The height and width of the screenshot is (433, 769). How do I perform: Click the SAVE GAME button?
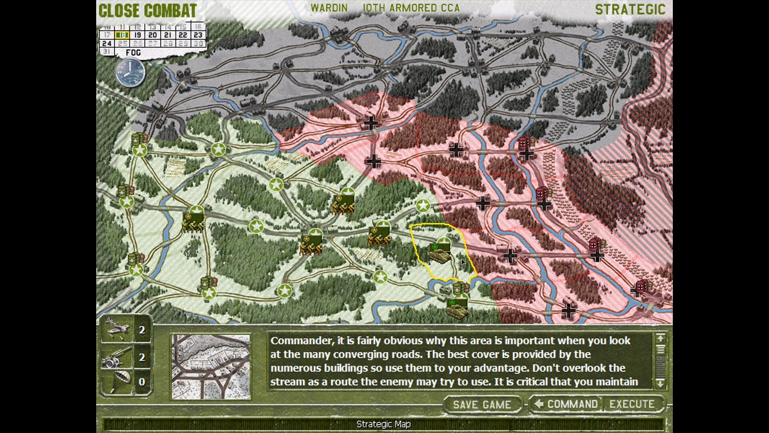(482, 405)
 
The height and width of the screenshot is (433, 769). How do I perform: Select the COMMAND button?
(566, 404)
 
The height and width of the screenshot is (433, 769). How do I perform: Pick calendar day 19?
(137, 35)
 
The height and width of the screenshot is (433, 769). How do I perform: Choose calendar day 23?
(198, 35)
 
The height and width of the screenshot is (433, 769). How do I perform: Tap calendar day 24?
(107, 44)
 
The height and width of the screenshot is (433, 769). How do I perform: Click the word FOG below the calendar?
(133, 53)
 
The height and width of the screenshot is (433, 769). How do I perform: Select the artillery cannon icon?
(117, 357)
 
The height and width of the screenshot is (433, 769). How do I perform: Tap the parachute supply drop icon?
(118, 381)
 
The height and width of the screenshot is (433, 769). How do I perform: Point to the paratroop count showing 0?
(142, 382)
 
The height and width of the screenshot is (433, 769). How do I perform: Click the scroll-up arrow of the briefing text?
(660, 338)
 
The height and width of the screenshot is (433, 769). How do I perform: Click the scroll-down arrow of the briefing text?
(660, 383)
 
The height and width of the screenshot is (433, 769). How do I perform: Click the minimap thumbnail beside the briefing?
(211, 367)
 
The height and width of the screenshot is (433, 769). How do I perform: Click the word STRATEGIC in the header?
(630, 10)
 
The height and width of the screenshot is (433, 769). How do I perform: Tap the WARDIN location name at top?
(329, 8)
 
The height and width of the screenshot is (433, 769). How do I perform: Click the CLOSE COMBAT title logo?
(147, 11)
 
